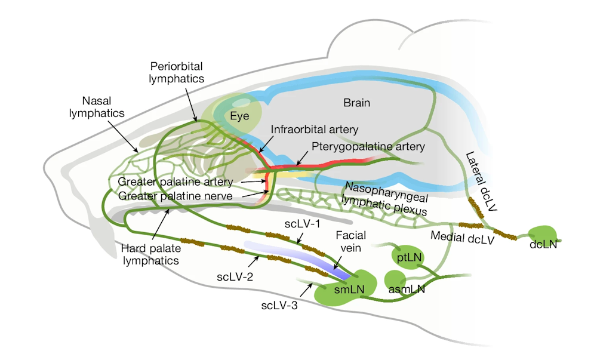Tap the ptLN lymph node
pos(407,258)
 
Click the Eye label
pos(239,116)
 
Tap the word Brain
pos(357,103)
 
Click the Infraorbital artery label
pos(315,130)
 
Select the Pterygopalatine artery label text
pos(368,146)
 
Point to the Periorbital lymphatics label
pos(176,72)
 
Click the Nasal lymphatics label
pos(97,107)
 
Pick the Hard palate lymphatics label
pos(151,254)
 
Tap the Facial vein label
pos(350,242)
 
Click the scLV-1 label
pos(302,224)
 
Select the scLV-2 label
pos(235,276)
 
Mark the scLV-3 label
pos(279,305)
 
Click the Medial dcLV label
pos(462,238)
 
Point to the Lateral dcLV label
pos(482,181)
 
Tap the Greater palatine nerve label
pos(175,196)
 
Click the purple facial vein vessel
pos(297,259)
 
